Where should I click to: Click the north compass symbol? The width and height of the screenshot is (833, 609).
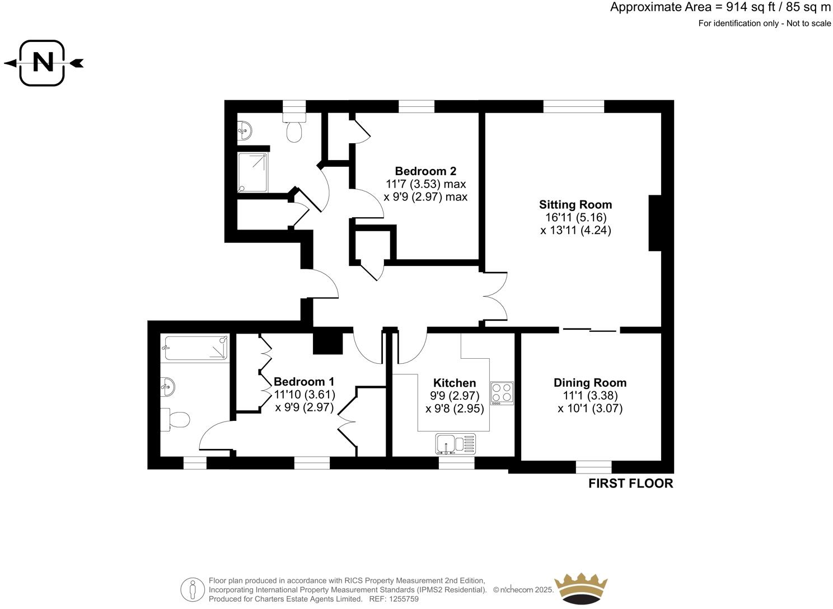pyautogui.click(x=43, y=63)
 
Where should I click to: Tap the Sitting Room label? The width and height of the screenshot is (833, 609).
pyautogui.click(x=575, y=205)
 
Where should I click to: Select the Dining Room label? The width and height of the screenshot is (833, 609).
pyautogui.click(x=589, y=383)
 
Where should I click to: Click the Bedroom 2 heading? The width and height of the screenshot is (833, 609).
pyautogui.click(x=425, y=171)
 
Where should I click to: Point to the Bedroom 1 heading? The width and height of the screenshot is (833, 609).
pyautogui.click(x=303, y=382)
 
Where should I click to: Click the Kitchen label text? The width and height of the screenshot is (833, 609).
pyautogui.click(x=454, y=383)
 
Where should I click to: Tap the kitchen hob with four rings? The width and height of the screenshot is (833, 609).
pyautogui.click(x=502, y=392)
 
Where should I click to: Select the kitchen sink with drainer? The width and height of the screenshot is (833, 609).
pyautogui.click(x=455, y=444)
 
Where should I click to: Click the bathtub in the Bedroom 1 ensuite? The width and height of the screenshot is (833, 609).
pyautogui.click(x=195, y=348)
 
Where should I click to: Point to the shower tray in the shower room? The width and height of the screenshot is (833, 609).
pyautogui.click(x=254, y=172)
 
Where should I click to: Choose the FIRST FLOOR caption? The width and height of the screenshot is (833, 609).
pyautogui.click(x=630, y=484)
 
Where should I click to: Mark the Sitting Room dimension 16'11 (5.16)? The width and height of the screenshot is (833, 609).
pyautogui.click(x=575, y=218)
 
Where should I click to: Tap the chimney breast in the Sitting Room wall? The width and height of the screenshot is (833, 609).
pyautogui.click(x=655, y=223)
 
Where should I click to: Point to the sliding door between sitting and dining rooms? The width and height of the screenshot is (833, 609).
pyautogui.click(x=589, y=330)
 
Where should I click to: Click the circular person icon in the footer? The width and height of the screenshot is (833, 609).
pyautogui.click(x=193, y=589)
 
